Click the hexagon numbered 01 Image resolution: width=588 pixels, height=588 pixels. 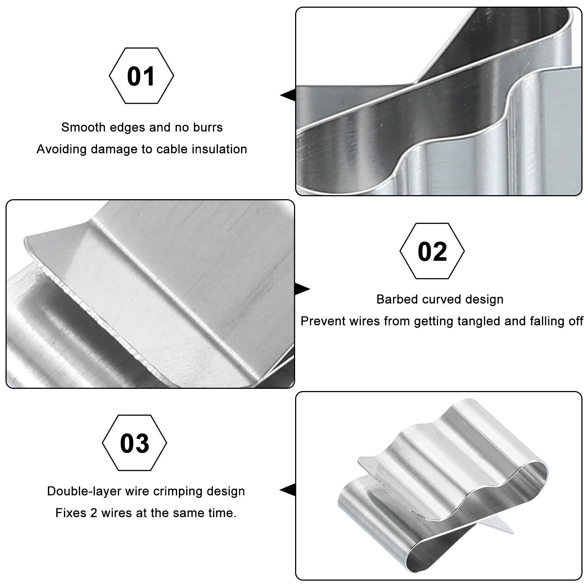(x=141, y=76)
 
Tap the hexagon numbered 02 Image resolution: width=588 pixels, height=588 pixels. (x=432, y=251)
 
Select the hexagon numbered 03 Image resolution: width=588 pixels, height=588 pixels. (x=135, y=443)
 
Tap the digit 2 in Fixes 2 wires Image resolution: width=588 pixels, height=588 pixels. (x=94, y=513)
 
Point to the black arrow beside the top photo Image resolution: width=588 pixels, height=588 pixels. (x=288, y=96)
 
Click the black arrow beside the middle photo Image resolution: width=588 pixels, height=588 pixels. (x=302, y=289)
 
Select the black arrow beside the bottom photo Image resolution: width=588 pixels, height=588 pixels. (x=288, y=490)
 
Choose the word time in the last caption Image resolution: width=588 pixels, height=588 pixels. (x=221, y=513)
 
